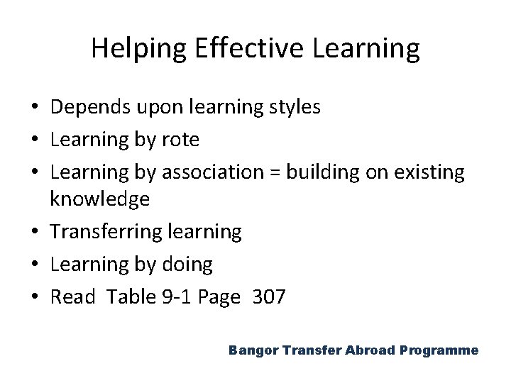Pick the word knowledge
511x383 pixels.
click(x=100, y=199)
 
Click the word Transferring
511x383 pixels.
click(x=104, y=232)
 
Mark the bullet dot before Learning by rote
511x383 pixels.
click(x=35, y=140)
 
